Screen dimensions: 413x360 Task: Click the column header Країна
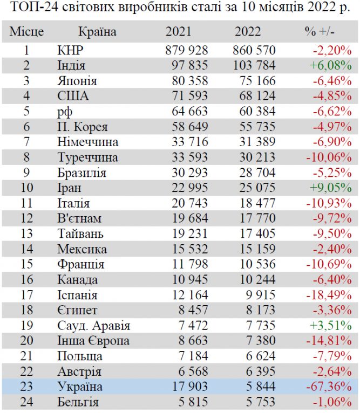(97, 32)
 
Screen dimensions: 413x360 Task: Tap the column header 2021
(178, 32)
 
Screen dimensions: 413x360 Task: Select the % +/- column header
(320, 32)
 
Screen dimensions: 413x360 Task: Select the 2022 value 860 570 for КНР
(254, 51)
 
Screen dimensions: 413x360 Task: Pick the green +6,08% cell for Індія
(330, 66)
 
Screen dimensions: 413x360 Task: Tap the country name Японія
(77, 82)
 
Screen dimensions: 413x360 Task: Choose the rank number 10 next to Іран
(25, 189)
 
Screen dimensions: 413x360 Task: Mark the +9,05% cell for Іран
(330, 189)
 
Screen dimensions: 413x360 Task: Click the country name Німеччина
(88, 143)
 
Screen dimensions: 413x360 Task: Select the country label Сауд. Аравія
(93, 326)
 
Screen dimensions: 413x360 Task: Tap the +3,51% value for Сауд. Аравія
(330, 326)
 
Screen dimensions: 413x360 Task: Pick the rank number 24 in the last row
(25, 402)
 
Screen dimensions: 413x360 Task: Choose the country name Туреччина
(87, 159)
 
